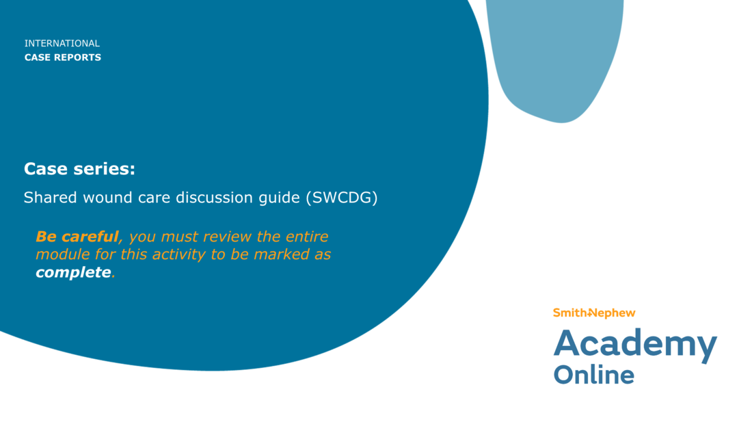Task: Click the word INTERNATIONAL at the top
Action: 62,43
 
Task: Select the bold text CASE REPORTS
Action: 62,57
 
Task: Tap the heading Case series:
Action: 79,169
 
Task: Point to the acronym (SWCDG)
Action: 341,198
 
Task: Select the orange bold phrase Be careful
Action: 77,237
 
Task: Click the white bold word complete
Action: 73,272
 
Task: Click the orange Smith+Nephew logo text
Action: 594,313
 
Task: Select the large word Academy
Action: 634,344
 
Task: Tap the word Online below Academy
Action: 593,375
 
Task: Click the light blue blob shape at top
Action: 557,55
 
